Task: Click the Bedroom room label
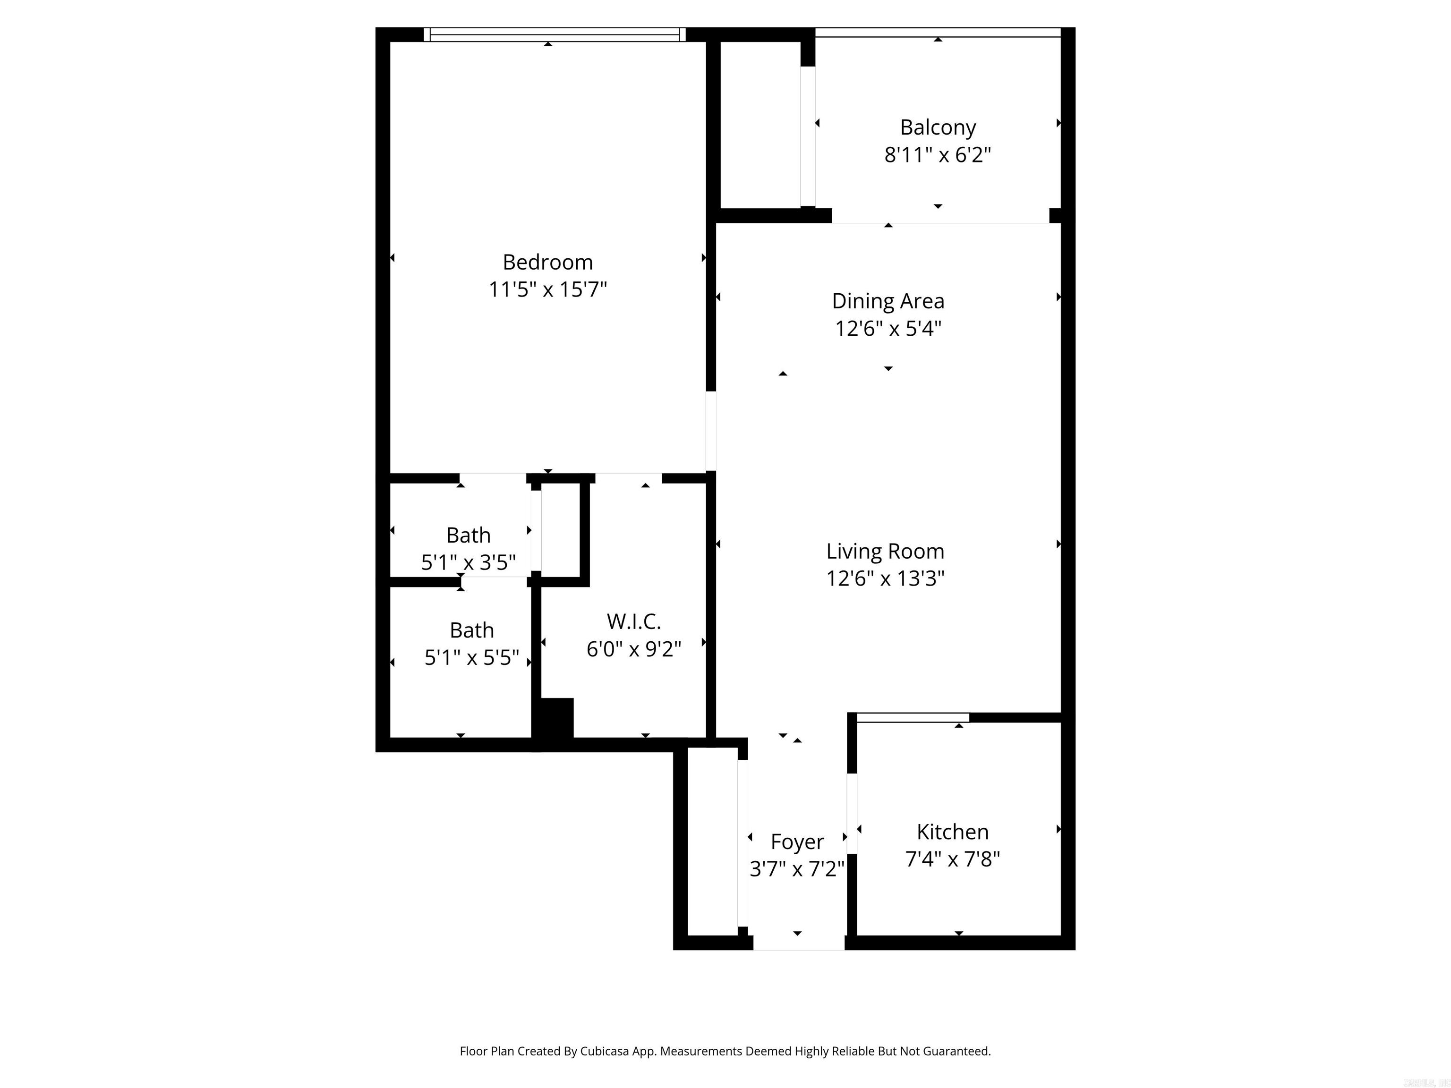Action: click(x=548, y=263)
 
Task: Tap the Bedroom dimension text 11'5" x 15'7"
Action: click(x=548, y=289)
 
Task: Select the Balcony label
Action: click(x=938, y=127)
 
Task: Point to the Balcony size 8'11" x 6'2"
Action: click(x=938, y=155)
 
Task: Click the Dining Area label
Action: click(x=888, y=301)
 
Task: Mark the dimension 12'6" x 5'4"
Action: click(x=888, y=328)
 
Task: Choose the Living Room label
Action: click(x=885, y=552)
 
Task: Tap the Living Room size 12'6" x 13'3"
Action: click(x=885, y=578)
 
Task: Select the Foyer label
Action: click(x=797, y=841)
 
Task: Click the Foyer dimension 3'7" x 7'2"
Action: click(x=797, y=869)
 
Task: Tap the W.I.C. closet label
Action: click(x=634, y=621)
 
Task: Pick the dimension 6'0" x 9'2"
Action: click(x=634, y=649)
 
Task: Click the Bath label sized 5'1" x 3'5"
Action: click(x=469, y=535)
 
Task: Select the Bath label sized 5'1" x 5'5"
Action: click(x=472, y=630)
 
